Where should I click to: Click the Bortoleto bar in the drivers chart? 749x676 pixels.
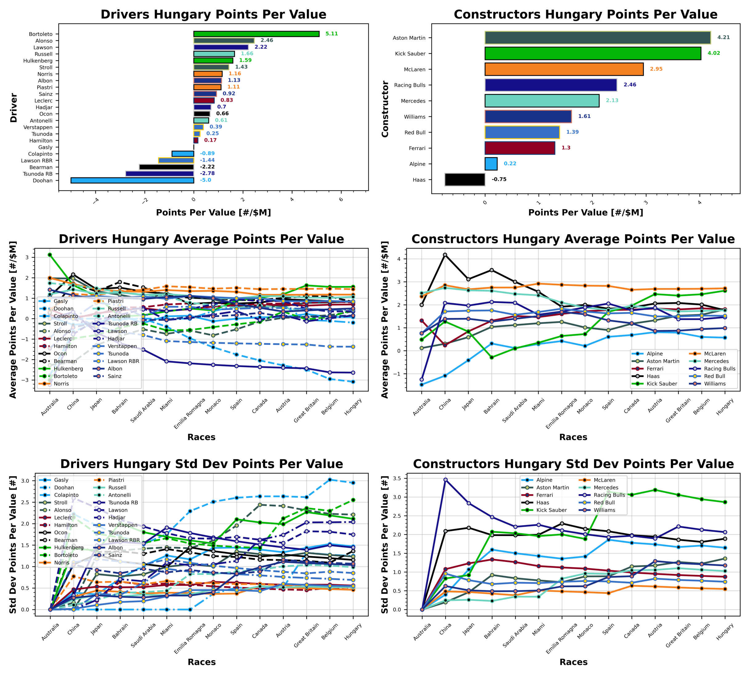(256, 34)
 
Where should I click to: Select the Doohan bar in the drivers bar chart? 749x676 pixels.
(132, 181)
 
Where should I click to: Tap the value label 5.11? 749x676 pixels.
(331, 34)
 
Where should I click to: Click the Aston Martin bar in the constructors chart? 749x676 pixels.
(597, 38)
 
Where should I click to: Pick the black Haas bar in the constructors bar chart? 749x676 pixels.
(465, 179)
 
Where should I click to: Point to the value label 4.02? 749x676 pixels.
(713, 53)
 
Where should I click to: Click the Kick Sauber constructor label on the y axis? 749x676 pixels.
(410, 54)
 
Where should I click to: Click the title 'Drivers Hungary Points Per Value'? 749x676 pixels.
(213, 14)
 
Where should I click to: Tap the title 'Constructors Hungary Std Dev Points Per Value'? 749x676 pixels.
(573, 464)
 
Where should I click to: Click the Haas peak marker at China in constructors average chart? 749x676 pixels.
(445, 255)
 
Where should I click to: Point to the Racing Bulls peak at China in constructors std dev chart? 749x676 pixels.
(445, 480)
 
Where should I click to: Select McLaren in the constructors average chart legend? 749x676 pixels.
(714, 354)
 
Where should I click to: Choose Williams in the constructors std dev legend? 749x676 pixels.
(604, 510)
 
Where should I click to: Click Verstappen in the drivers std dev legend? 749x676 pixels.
(123, 525)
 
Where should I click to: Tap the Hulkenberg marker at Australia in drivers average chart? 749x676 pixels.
(50, 255)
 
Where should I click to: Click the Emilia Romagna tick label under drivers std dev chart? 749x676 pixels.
(190, 638)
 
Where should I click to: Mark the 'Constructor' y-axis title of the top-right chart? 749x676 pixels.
(385, 109)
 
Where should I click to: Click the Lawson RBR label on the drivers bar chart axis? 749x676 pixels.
(37, 161)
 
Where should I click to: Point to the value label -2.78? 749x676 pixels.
(207, 173)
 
